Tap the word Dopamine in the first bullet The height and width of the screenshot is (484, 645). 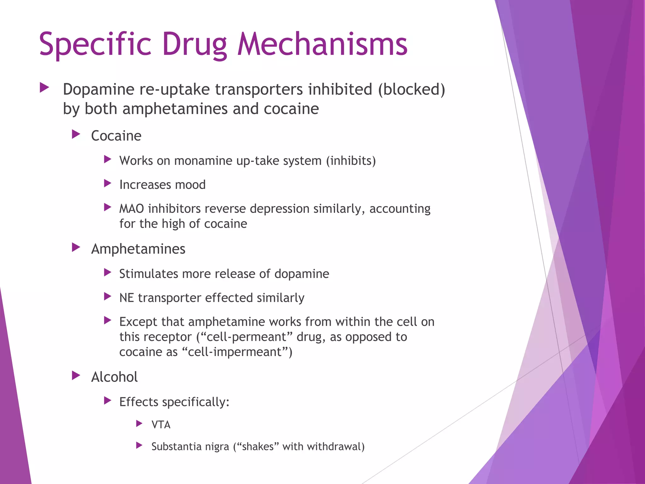(99, 89)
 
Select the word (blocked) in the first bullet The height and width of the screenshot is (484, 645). (412, 89)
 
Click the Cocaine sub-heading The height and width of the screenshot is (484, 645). (116, 136)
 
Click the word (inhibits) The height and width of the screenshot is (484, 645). (351, 161)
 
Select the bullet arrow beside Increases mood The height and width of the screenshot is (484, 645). (108, 183)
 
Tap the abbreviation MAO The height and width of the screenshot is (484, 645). (131, 209)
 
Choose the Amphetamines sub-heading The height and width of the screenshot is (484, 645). (138, 249)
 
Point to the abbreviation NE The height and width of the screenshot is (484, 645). (127, 298)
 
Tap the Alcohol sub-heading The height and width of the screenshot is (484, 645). (114, 377)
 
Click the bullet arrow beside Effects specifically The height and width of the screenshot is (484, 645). (108, 401)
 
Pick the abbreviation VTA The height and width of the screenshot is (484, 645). (161, 425)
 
